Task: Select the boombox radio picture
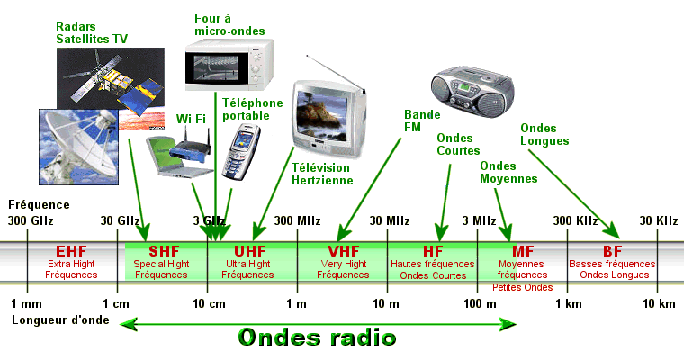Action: tap(471, 87)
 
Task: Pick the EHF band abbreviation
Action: tap(71, 251)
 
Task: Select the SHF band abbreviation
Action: tap(164, 251)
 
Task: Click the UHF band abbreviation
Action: tap(252, 251)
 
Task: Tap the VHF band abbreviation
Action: tap(343, 251)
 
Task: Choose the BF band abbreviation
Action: tap(612, 251)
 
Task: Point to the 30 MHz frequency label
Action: tap(390, 221)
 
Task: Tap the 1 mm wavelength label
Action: tap(27, 303)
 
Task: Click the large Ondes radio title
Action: tap(317, 337)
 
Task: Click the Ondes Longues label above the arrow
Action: tap(544, 134)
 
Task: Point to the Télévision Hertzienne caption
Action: tap(322, 174)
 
